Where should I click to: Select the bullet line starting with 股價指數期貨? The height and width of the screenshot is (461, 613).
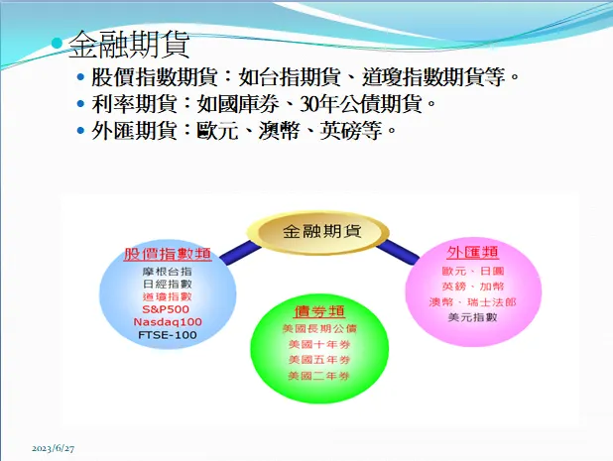(306, 76)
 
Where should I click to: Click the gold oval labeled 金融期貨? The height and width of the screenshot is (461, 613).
(321, 231)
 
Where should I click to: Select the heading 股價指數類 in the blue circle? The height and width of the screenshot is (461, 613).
(168, 254)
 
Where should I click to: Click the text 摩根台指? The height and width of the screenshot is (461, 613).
(168, 270)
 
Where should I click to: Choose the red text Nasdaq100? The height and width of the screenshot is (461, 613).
(168, 321)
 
